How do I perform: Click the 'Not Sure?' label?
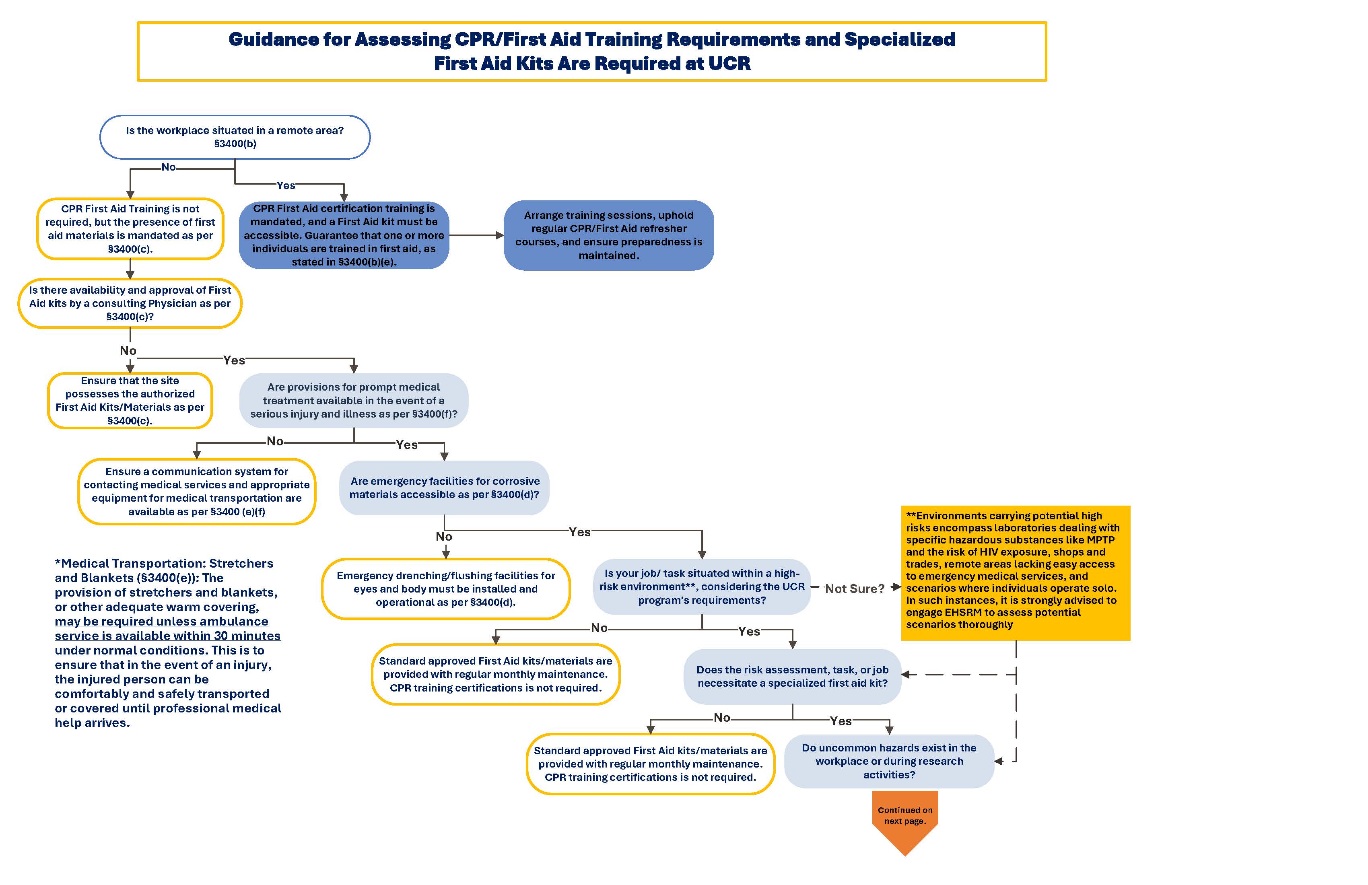point(855,589)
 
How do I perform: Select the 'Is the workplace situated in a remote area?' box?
point(235,137)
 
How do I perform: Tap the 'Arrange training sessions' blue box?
point(609,235)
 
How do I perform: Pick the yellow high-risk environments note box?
point(1015,572)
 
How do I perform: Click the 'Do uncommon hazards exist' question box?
point(889,761)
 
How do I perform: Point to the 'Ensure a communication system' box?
point(197,491)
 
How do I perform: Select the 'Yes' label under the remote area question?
point(286,185)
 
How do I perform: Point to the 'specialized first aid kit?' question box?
point(792,676)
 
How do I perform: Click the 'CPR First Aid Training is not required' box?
point(130,229)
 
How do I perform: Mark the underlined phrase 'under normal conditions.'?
point(131,650)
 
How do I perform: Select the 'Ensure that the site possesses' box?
point(130,401)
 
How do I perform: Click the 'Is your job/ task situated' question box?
point(701,586)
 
